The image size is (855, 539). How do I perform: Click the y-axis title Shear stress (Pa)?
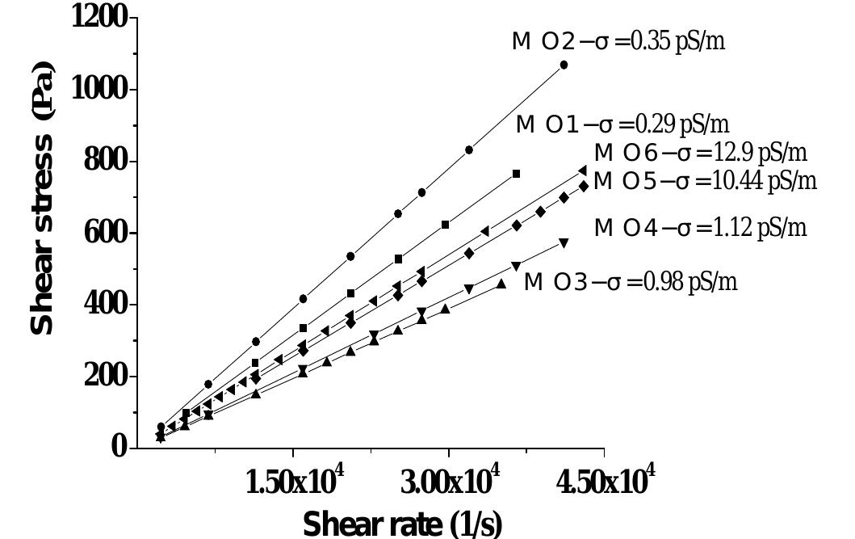[x=43, y=199]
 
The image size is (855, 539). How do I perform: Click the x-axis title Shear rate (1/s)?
[x=402, y=523]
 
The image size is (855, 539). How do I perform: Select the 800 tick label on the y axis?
[x=107, y=161]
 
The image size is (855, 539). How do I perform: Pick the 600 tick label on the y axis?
[x=107, y=233]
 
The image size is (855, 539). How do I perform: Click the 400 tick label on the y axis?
[x=107, y=305]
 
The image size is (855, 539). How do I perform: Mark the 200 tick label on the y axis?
[x=107, y=377]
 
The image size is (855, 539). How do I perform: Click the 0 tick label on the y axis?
[x=119, y=447]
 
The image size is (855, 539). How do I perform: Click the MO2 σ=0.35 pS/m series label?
[x=618, y=42]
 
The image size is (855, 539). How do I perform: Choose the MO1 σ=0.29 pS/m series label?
[x=622, y=124]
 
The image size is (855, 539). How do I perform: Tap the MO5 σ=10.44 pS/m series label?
[x=705, y=181]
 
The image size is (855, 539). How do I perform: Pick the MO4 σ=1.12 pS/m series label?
[x=700, y=229]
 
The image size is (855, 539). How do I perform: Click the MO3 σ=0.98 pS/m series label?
[x=631, y=283]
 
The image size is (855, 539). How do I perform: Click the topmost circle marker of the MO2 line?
[x=564, y=65]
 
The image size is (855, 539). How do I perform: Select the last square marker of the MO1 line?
[x=516, y=174]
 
